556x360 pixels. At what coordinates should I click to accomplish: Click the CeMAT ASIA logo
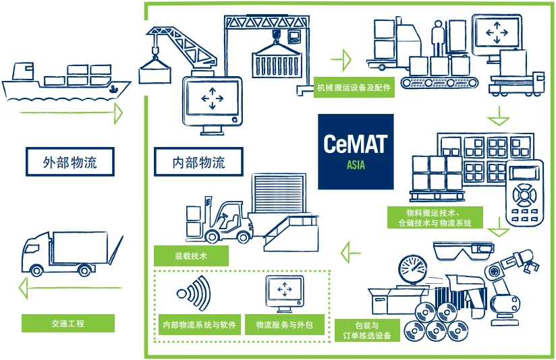[356, 152]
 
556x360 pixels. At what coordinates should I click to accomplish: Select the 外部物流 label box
[70, 162]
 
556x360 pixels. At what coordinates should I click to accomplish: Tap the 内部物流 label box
[198, 162]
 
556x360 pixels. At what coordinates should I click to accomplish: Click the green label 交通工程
[68, 323]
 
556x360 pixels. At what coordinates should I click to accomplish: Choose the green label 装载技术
[191, 256]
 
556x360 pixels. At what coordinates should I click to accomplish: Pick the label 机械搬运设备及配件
[354, 87]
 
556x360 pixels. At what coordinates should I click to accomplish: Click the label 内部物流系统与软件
[199, 324]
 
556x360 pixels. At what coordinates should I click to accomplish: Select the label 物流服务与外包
[284, 324]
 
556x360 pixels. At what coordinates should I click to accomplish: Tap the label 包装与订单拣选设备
[367, 330]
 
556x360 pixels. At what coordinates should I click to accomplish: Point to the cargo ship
[65, 82]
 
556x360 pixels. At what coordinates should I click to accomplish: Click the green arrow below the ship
[71, 113]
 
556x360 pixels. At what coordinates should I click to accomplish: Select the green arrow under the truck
[70, 288]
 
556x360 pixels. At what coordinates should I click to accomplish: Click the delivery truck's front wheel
[36, 271]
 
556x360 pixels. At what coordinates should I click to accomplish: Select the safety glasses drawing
[464, 251]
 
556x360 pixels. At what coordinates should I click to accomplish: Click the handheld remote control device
[524, 193]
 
